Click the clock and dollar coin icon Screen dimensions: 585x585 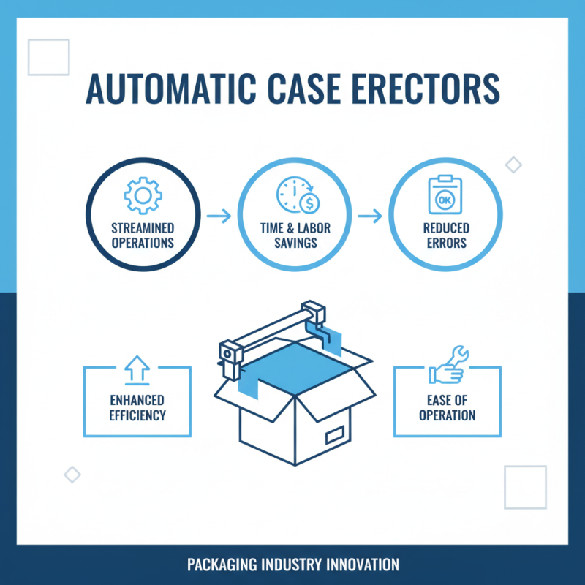(296, 195)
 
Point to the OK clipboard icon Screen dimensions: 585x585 (444, 195)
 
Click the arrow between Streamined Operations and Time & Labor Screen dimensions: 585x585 (219, 216)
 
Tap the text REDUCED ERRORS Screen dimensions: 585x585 (445, 235)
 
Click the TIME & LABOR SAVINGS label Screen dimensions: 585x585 (295, 235)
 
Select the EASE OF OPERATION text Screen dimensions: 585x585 (448, 407)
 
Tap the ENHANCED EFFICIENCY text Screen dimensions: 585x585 (137, 407)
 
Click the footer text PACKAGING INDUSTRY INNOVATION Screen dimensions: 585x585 (292, 565)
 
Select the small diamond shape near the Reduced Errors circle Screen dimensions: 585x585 (514, 165)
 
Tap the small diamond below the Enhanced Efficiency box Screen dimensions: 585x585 (72, 474)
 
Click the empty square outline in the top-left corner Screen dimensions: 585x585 (49, 57)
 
